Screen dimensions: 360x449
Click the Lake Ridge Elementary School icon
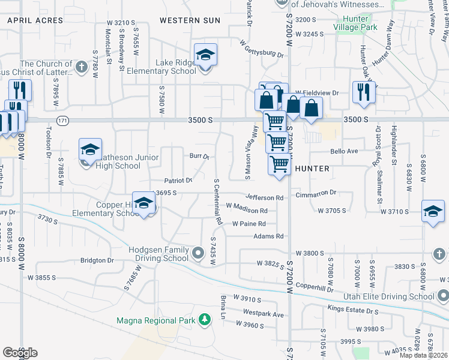(x=205, y=56)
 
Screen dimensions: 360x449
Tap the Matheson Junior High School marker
(x=90, y=150)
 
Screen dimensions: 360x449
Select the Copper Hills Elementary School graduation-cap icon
(x=144, y=204)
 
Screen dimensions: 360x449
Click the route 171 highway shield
(x=62, y=121)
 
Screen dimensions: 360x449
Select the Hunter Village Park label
(x=369, y=23)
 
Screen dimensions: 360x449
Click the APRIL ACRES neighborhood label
(x=35, y=20)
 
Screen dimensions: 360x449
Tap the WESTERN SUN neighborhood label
(x=190, y=20)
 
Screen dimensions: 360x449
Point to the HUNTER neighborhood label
(x=312, y=169)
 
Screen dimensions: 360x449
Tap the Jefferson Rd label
(x=264, y=197)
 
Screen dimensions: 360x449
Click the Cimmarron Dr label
(x=316, y=194)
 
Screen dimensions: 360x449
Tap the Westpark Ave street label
(x=263, y=313)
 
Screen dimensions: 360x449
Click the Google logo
(x=20, y=352)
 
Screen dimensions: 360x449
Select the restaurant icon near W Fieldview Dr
(x=364, y=92)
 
